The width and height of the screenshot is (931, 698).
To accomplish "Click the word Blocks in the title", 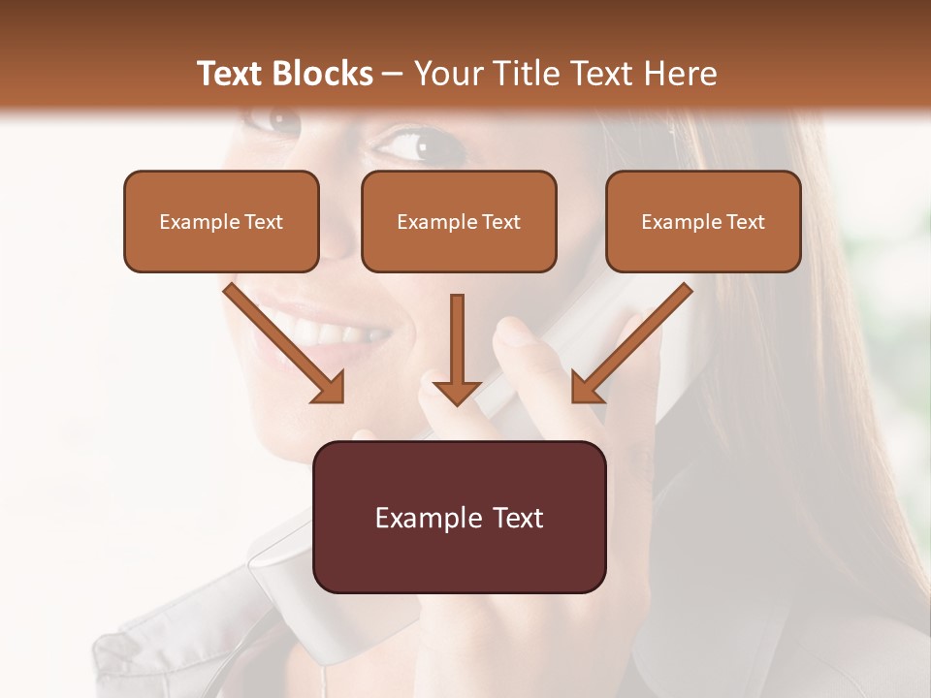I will point(323,73).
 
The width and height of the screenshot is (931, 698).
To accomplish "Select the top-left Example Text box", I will point(221,221).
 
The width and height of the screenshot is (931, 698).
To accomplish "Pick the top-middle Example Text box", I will point(459,221).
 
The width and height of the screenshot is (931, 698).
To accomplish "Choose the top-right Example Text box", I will point(703,221).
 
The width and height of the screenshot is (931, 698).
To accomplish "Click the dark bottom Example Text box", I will point(459,517).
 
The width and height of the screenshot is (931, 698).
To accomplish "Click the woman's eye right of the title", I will point(412,145).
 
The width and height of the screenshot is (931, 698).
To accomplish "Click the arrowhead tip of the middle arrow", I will point(457,400).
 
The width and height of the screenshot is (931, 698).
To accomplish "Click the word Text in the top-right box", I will point(744,221).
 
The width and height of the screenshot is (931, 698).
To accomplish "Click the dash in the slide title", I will point(393,74).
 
